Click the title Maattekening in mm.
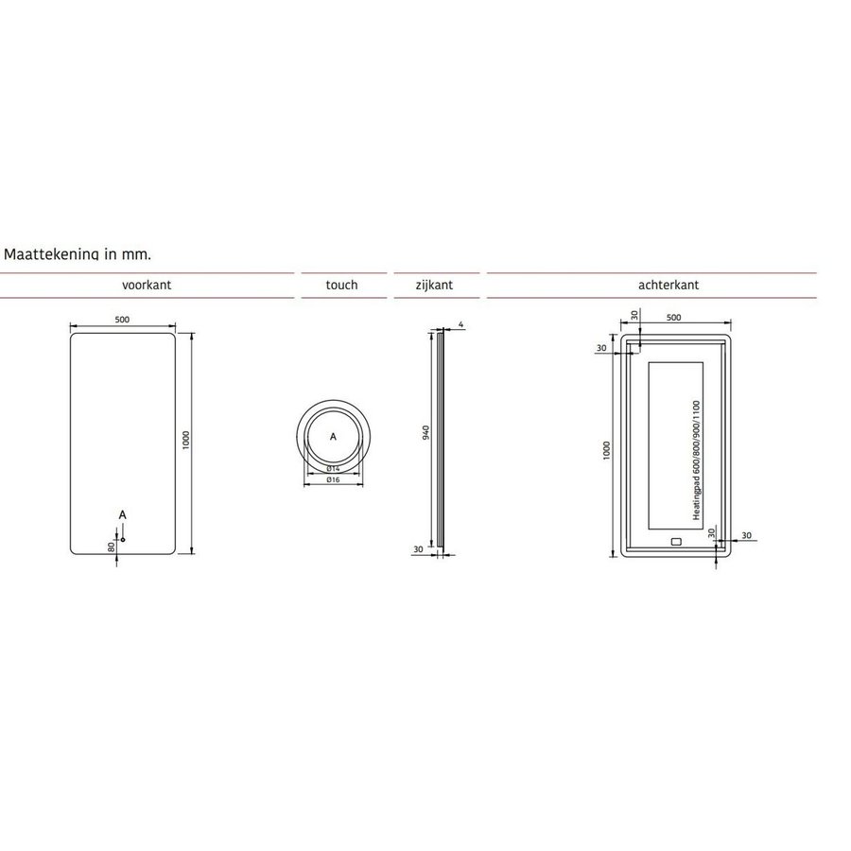pyautogui.click(x=78, y=254)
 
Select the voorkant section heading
pyautogui.click(x=147, y=285)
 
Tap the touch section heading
pyautogui.click(x=341, y=285)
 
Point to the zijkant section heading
pyautogui.click(x=435, y=285)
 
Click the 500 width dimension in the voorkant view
pyautogui.click(x=122, y=319)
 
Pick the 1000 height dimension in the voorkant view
pyautogui.click(x=187, y=442)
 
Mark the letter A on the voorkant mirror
pyautogui.click(x=122, y=512)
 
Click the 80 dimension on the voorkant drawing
pyautogui.click(x=112, y=546)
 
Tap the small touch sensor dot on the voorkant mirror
pyautogui.click(x=123, y=527)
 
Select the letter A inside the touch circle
pyautogui.click(x=333, y=437)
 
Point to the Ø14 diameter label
pyautogui.click(x=333, y=468)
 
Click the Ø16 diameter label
pyautogui.click(x=333, y=480)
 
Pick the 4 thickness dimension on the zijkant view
pyautogui.click(x=460, y=324)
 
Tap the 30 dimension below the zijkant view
pyautogui.click(x=418, y=549)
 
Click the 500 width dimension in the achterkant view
pyautogui.click(x=674, y=318)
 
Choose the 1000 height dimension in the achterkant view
pyautogui.click(x=607, y=450)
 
